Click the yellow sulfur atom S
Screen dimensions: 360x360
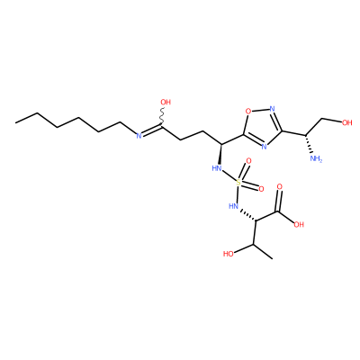click(238, 183)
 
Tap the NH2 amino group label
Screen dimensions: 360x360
click(316, 158)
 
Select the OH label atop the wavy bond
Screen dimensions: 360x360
click(166, 103)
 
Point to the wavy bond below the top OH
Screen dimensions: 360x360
click(162, 117)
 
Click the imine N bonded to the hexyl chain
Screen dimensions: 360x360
click(139, 136)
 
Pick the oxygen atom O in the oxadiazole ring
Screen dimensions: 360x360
click(248, 112)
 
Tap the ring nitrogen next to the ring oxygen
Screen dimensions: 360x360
click(272, 109)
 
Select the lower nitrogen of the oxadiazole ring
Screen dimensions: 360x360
click(264, 147)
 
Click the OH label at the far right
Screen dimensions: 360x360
click(347, 122)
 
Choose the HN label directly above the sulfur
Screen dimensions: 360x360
click(217, 168)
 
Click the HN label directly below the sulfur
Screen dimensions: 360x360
click(233, 206)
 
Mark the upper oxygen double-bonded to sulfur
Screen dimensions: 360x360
click(248, 161)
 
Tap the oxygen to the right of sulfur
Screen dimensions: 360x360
click(261, 189)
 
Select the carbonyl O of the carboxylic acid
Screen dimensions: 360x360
click(280, 187)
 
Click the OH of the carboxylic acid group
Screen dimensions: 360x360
click(299, 224)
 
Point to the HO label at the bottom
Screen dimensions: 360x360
click(229, 254)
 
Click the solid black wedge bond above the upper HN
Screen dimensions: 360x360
click(220, 154)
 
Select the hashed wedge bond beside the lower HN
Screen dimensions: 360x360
click(247, 216)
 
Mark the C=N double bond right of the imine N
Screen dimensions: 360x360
click(152, 131)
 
